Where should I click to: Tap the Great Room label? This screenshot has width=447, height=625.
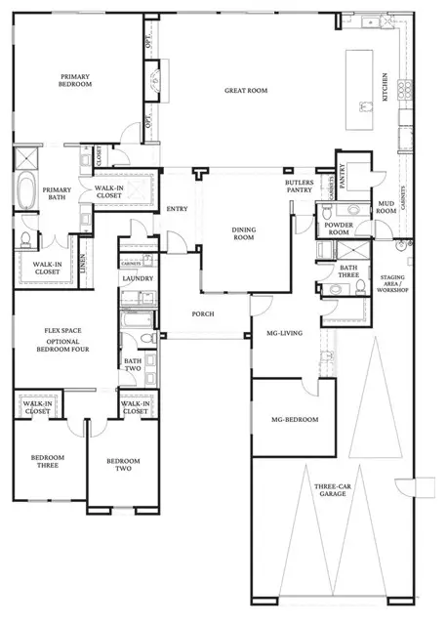(x=246, y=91)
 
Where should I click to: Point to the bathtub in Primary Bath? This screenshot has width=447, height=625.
(x=24, y=190)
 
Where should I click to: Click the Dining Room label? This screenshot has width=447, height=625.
(x=243, y=232)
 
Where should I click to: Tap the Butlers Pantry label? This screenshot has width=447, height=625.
(x=299, y=185)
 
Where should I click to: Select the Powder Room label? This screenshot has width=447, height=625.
(x=337, y=229)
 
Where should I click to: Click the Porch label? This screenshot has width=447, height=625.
(x=202, y=313)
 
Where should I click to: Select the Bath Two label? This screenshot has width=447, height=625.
(x=132, y=364)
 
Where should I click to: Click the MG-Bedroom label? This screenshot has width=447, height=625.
(x=291, y=419)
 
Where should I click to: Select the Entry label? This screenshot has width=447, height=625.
(x=177, y=208)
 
